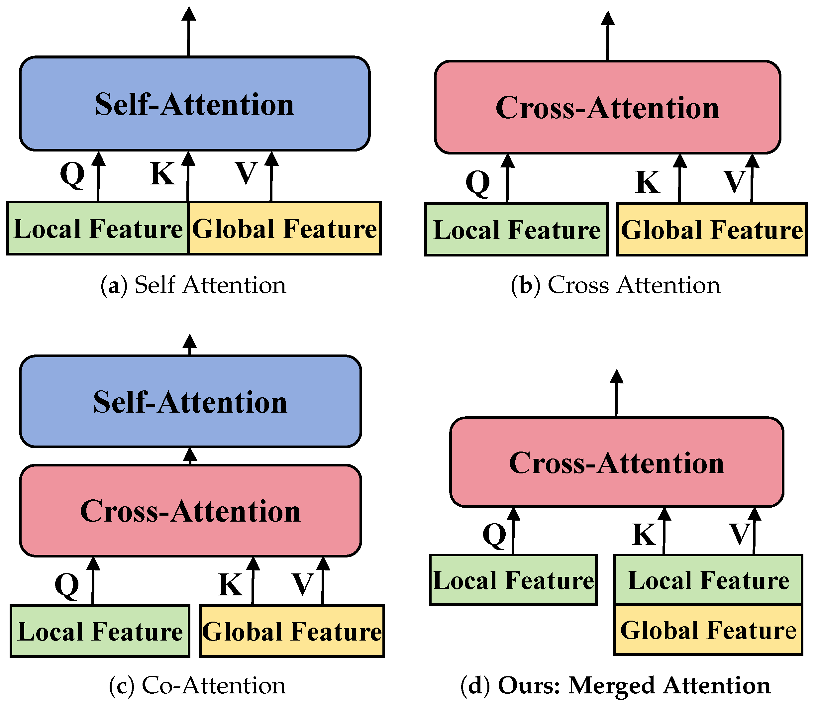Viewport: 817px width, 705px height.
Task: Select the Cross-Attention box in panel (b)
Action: click(x=607, y=107)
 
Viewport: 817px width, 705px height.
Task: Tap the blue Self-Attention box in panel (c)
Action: click(x=190, y=401)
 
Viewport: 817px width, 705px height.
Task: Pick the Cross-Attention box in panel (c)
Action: click(x=190, y=511)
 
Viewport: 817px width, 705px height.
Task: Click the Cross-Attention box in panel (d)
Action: click(x=616, y=462)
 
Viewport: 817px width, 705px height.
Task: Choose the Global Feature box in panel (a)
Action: click(x=284, y=229)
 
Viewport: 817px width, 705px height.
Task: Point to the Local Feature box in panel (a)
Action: click(x=98, y=229)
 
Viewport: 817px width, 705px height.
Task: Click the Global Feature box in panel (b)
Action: click(x=712, y=230)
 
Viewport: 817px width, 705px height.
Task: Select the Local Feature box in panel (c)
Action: click(x=100, y=631)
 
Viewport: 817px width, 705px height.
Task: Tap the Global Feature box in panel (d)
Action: click(x=708, y=630)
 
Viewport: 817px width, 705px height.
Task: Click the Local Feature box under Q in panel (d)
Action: click(x=513, y=580)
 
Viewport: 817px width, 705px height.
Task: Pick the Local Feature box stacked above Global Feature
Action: click(x=708, y=580)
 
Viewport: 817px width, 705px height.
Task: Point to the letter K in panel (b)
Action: click(x=648, y=182)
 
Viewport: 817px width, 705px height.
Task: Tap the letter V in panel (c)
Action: click(x=302, y=584)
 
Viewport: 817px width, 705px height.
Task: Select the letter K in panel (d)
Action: click(x=644, y=535)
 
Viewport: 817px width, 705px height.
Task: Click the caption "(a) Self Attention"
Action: click(x=193, y=285)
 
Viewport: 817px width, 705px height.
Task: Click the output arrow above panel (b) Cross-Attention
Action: click(x=608, y=36)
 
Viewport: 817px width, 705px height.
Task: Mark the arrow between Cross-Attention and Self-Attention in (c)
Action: click(x=190, y=456)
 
